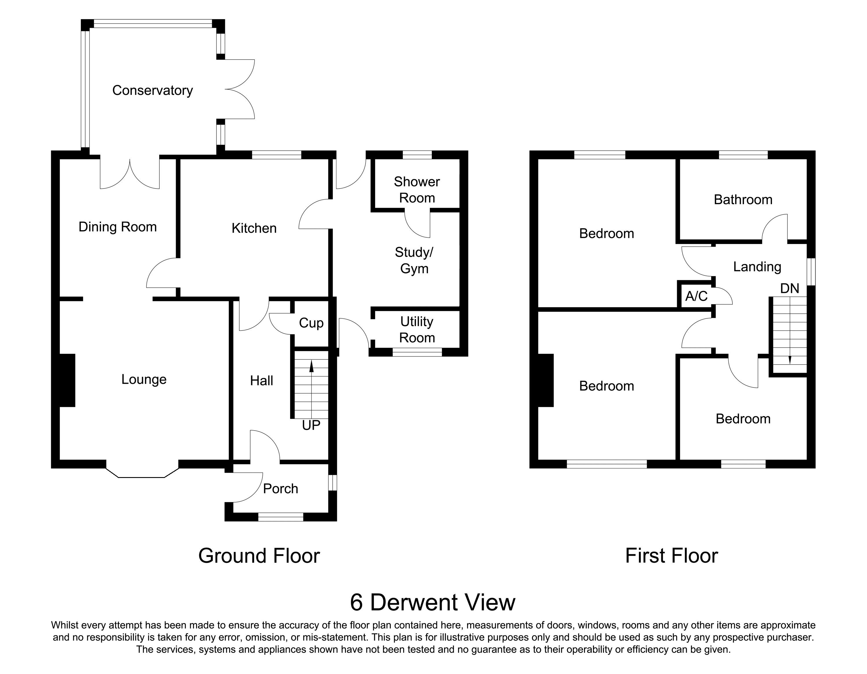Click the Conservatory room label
[152, 91]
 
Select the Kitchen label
[254, 228]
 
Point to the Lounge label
[144, 380]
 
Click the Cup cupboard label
[311, 323]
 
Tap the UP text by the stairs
[311, 425]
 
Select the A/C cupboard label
[696, 296]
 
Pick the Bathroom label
[743, 200]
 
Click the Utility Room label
[417, 330]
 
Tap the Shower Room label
[417, 190]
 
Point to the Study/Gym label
[414, 261]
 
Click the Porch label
[280, 489]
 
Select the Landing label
[757, 267]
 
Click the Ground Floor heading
[259, 556]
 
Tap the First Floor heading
[671, 556]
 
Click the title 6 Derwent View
[432, 602]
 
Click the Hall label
[261, 381]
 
